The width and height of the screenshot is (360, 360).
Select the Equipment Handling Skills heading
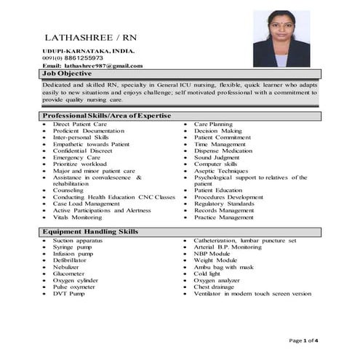(90, 231)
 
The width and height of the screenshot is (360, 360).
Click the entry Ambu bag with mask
(225, 267)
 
